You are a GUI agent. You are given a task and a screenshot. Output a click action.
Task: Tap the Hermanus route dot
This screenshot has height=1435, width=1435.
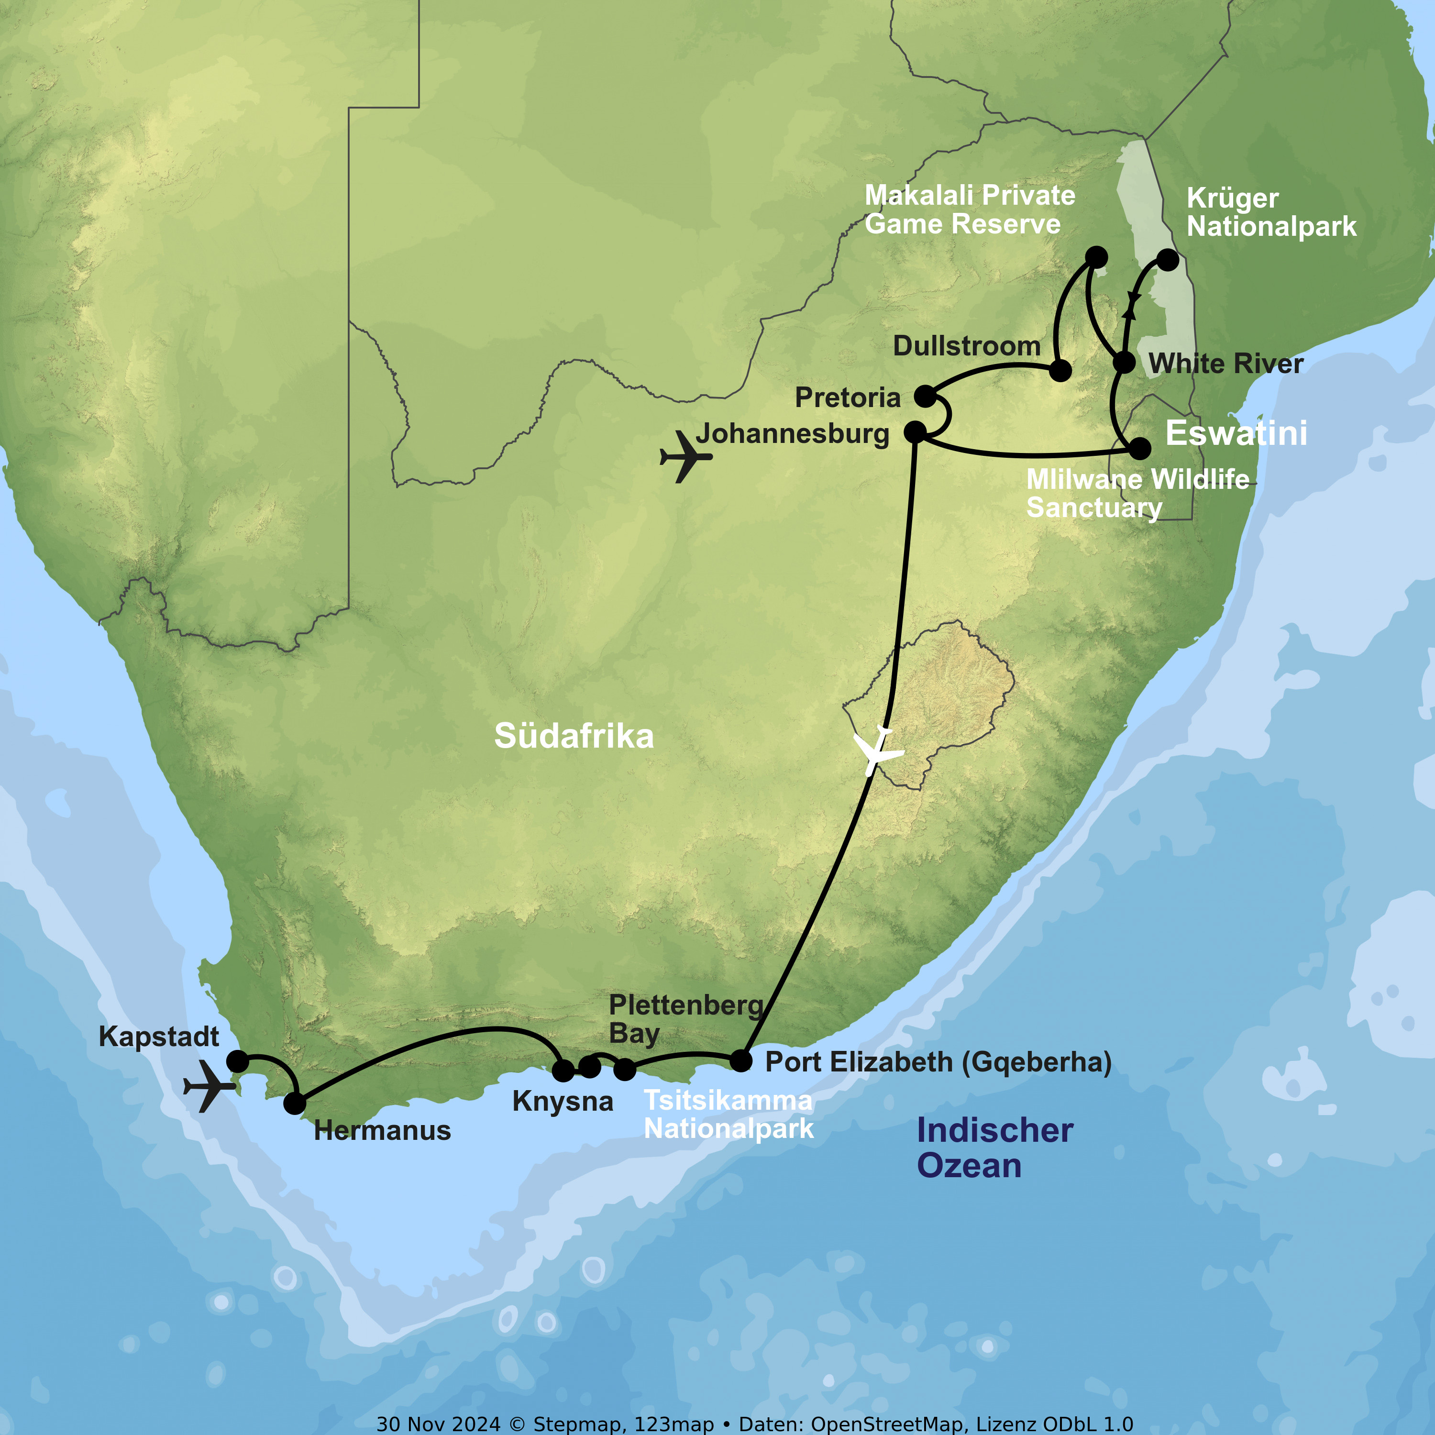[x=295, y=1104]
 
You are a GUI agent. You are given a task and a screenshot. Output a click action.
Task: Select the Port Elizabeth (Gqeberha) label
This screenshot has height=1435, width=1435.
[x=938, y=1062]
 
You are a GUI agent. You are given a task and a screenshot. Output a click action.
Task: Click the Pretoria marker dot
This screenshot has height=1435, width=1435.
[x=925, y=396]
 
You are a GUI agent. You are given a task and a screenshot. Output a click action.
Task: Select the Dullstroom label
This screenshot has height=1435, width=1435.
[x=966, y=346]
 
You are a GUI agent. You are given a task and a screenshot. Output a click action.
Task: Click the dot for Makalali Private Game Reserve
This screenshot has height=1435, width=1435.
[x=1096, y=257]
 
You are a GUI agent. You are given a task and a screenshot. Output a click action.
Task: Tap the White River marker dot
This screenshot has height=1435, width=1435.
[x=1125, y=363]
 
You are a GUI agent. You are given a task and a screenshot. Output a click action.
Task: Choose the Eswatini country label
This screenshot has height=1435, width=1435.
[x=1236, y=433]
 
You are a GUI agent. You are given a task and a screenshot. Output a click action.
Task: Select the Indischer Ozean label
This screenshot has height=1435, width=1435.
[x=994, y=1148]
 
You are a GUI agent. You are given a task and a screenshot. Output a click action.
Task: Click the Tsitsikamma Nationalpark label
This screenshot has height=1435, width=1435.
[x=728, y=1114]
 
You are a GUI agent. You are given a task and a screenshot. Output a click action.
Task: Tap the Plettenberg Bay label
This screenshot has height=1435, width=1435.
[x=685, y=1018]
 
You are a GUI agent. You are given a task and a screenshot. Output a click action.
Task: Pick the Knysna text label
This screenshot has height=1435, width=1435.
[x=562, y=1102]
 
